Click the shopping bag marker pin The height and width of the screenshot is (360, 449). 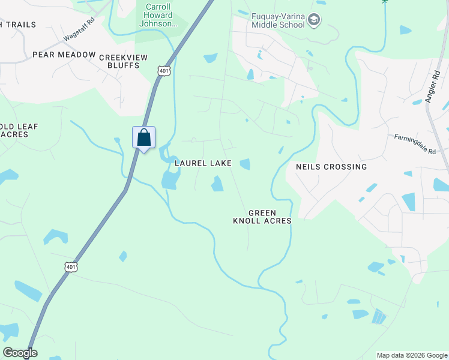tap(144, 138)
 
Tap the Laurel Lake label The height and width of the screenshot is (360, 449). tap(203, 163)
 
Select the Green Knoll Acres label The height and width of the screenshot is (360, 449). tap(262, 217)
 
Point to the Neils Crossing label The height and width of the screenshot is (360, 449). tap(331, 167)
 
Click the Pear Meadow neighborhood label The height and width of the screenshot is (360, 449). tap(64, 55)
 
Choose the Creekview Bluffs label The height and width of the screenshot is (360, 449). tap(119, 61)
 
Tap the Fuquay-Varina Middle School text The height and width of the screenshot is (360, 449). tap(279, 20)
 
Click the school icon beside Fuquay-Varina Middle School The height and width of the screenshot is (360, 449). tap(314, 21)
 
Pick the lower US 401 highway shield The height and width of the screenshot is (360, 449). tap(71, 267)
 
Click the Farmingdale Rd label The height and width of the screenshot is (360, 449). tap(415, 145)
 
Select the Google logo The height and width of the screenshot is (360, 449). tap(20, 353)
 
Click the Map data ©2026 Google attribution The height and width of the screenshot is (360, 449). tap(412, 355)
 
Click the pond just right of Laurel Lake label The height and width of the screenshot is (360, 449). tap(245, 164)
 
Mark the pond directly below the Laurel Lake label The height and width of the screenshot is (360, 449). tap(217, 184)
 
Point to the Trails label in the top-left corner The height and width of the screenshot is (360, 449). tap(18, 25)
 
